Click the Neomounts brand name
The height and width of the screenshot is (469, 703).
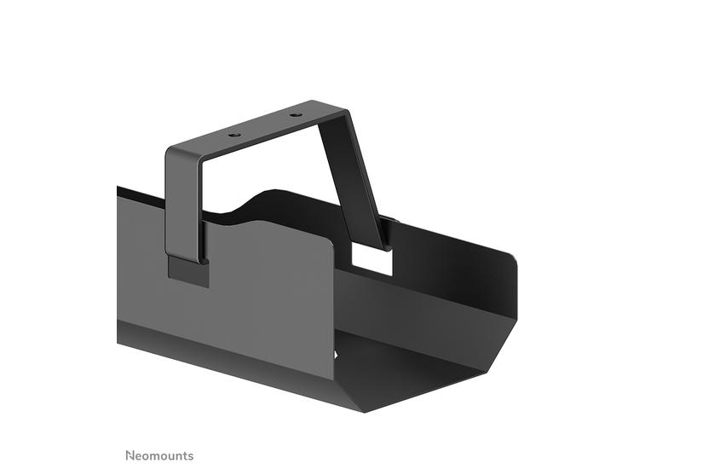point(159,455)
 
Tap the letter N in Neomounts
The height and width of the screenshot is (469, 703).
point(130,455)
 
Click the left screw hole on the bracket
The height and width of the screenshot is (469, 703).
point(234,135)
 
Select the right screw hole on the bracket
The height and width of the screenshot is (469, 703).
point(295,115)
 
